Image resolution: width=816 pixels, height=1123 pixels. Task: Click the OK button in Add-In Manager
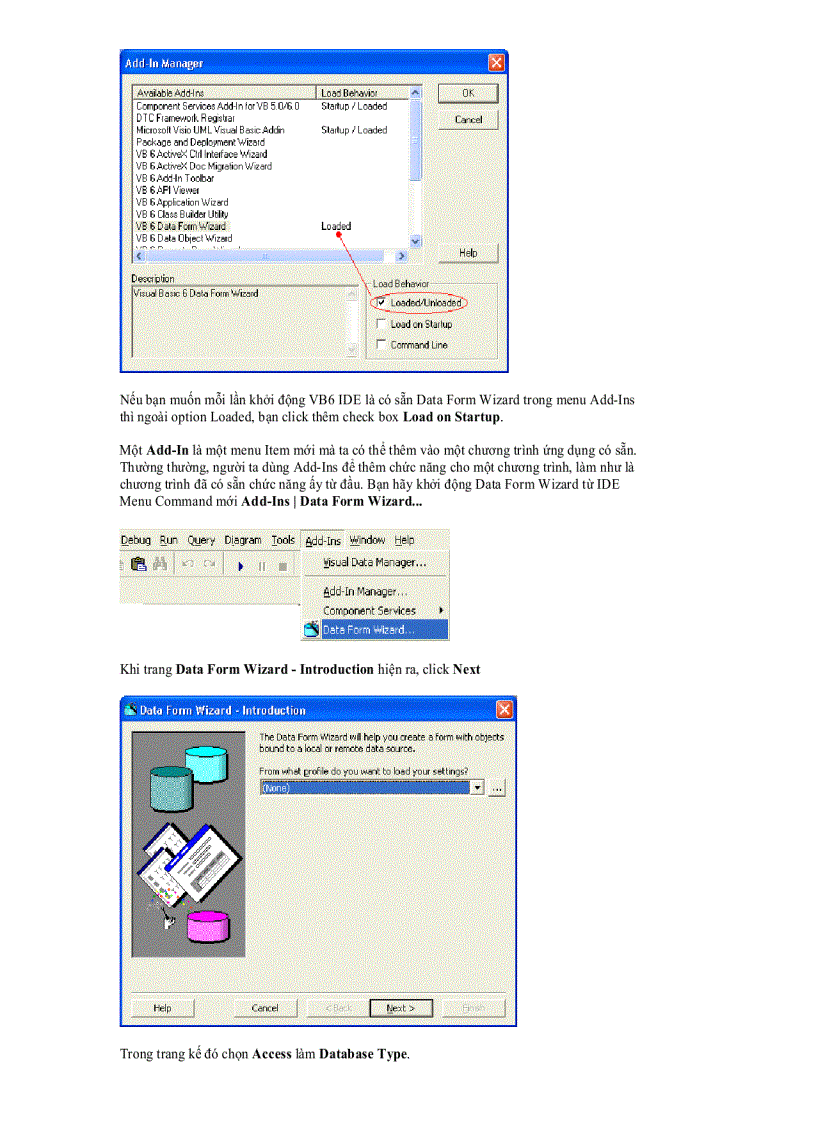point(467,93)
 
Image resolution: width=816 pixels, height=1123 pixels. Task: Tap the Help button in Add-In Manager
point(467,253)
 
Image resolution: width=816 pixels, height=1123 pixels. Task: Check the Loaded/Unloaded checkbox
point(380,302)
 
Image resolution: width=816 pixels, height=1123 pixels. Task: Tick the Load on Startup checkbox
point(380,324)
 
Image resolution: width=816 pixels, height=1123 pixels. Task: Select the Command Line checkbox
point(380,345)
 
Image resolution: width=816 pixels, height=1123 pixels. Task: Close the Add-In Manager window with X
point(496,63)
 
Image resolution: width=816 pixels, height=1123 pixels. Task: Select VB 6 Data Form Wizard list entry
point(181,226)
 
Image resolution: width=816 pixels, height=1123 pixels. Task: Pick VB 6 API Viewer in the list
point(167,190)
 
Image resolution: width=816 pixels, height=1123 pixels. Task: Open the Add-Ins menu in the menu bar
point(323,540)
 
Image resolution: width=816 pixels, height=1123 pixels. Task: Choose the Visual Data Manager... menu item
point(374,563)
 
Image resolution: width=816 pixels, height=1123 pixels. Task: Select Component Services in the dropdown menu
point(369,610)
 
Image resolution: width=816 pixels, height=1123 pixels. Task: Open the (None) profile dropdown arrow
point(477,788)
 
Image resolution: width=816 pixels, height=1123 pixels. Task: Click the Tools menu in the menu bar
point(284,540)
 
